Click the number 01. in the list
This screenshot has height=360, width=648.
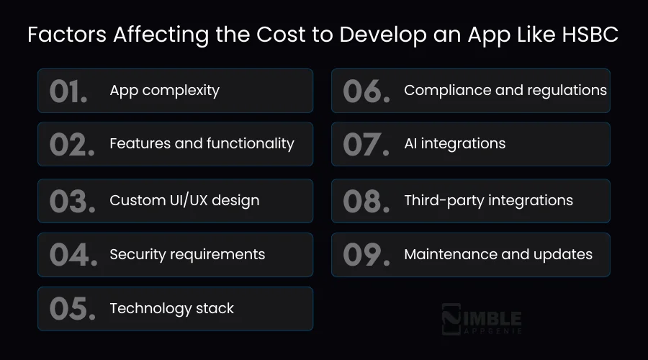coord(68,91)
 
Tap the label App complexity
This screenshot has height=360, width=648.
coord(164,91)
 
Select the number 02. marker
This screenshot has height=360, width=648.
coord(72,144)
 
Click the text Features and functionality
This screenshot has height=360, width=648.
coord(202,144)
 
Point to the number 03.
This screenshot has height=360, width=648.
coord(72,201)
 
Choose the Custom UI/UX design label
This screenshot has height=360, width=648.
coord(184,201)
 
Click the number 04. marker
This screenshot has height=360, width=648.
coord(73,254)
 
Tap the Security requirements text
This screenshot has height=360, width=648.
coord(187,254)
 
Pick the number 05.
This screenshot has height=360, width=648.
coord(72,308)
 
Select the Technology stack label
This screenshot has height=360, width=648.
coord(171,308)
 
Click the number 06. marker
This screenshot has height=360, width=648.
coord(366,91)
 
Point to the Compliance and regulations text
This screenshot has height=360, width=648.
coord(505,91)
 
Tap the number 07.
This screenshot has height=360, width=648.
coord(366,144)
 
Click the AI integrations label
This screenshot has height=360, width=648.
coord(454,144)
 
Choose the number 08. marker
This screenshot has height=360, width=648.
coord(366,201)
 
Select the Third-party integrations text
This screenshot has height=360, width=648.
coord(488,201)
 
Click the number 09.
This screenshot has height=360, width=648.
coord(366,254)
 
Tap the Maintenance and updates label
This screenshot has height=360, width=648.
coord(498,254)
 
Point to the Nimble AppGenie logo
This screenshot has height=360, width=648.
coord(481,320)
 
